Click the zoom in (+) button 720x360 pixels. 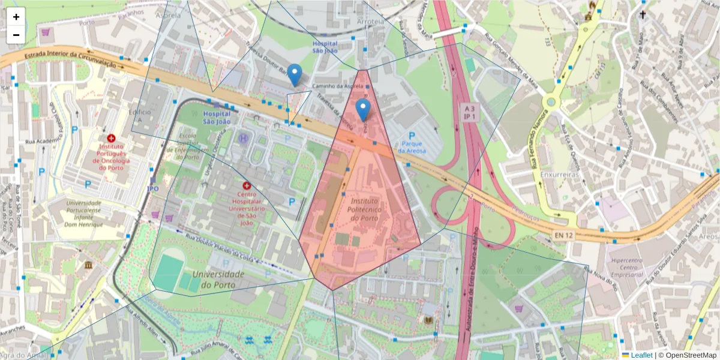(16, 17)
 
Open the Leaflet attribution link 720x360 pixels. (641, 355)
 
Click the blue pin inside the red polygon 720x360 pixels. (363, 110)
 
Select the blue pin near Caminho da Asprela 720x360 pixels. (294, 75)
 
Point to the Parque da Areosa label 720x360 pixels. (413, 147)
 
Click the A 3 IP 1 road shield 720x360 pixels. (469, 112)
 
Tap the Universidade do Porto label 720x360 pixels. (218, 278)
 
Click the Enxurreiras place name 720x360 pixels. (558, 174)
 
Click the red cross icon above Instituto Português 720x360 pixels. (111, 138)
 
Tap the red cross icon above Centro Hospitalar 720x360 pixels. (247, 186)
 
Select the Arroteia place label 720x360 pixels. (370, 22)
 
